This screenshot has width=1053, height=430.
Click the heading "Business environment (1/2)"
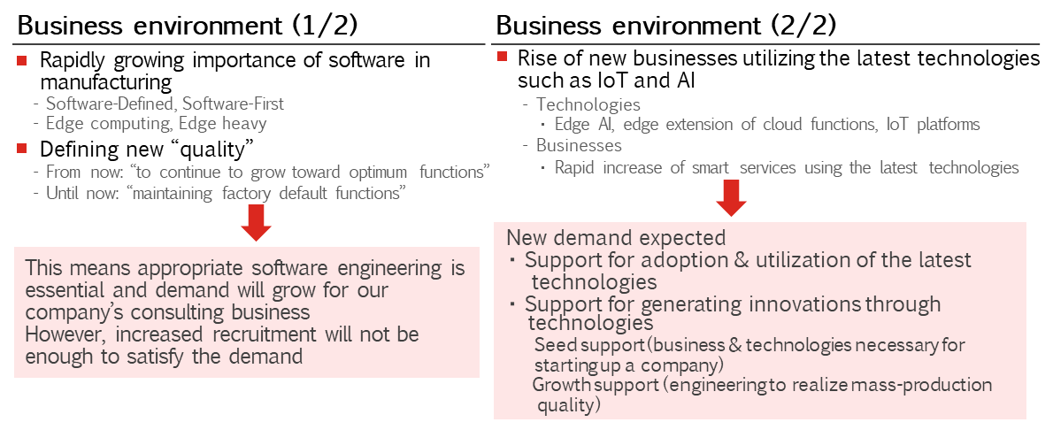pos(187,27)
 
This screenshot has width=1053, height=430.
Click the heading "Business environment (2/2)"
pos(666,27)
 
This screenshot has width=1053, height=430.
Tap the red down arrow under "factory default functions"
pos(256,224)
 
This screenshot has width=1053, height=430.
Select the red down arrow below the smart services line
pos(731,200)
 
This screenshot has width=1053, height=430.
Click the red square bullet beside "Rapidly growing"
pos(22,61)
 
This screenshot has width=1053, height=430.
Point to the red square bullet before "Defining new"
pos(22,148)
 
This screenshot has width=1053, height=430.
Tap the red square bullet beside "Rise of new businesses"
pos(502,57)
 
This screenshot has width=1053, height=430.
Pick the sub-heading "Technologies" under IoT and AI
pos(588,104)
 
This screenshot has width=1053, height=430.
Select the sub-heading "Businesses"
pos(579,145)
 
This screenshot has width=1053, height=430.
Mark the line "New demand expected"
pos(616,238)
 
